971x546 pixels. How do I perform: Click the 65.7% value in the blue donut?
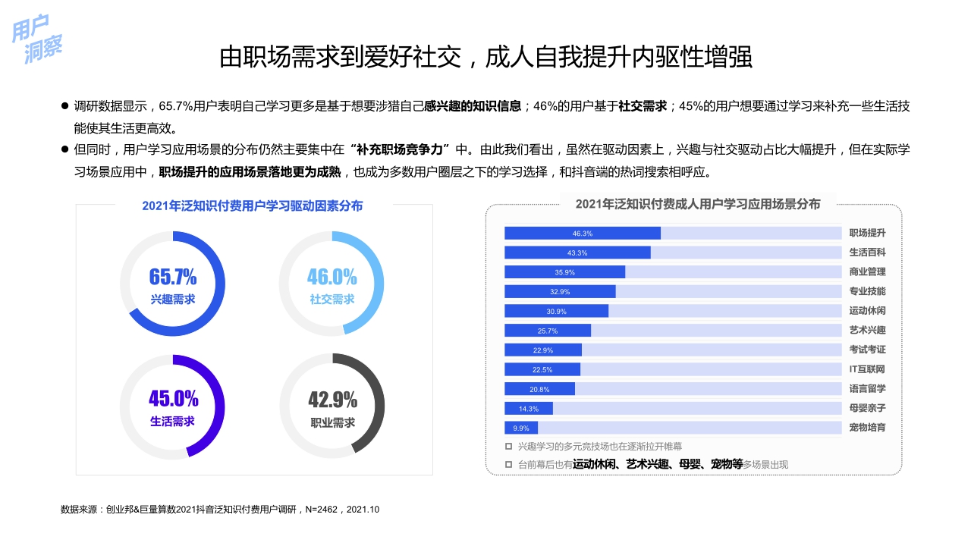click(x=173, y=276)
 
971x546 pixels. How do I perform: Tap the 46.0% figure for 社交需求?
click(x=332, y=276)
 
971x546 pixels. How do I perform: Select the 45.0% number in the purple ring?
click(x=173, y=398)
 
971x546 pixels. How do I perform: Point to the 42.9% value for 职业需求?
click(x=332, y=399)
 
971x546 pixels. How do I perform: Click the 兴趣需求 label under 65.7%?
click(x=173, y=300)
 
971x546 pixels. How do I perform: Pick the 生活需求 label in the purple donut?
click(x=173, y=422)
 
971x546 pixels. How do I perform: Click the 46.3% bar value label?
click(x=583, y=233)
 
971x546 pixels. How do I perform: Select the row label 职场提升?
click(x=867, y=233)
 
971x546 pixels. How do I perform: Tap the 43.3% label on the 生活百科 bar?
click(x=577, y=253)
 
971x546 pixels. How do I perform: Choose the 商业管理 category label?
click(x=867, y=272)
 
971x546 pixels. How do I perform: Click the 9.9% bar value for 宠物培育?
click(x=521, y=428)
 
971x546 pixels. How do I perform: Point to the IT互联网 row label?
click(x=867, y=369)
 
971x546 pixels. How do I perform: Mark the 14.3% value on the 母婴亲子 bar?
click(x=529, y=409)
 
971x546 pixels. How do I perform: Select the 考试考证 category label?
click(x=867, y=350)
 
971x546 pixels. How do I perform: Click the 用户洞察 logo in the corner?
click(x=37, y=39)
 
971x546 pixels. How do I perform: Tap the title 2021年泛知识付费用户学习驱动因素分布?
click(x=252, y=206)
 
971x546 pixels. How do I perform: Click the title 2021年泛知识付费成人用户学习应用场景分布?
click(x=697, y=204)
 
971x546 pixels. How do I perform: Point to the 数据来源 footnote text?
click(x=220, y=510)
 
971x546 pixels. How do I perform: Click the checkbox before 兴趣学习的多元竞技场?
click(x=509, y=447)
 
